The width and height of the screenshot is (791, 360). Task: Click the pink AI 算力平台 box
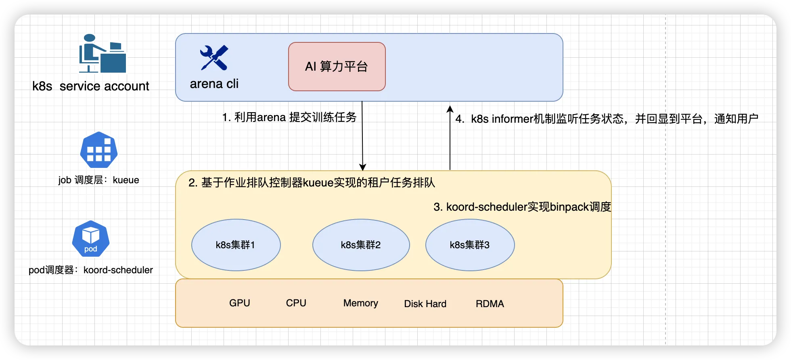[x=337, y=67]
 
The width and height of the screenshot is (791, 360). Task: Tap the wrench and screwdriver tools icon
[x=214, y=58]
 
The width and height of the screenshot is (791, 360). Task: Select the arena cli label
[x=214, y=84]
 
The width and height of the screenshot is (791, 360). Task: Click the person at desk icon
[x=102, y=54]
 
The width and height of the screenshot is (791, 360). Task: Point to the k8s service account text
[x=90, y=86]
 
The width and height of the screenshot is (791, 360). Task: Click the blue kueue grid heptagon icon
[x=99, y=150]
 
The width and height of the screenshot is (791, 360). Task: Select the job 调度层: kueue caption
[x=98, y=180]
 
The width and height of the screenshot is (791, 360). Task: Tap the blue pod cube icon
[x=91, y=239]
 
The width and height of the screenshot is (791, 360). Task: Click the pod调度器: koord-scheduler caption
[x=91, y=270]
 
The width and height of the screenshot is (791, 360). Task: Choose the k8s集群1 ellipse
[x=236, y=245]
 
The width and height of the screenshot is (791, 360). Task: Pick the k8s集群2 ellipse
[x=361, y=245]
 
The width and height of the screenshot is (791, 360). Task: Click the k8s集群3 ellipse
[x=470, y=245]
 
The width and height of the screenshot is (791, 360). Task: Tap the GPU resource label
[x=239, y=303]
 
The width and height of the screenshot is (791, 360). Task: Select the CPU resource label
[x=296, y=303]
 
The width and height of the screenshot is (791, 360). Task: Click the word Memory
[x=360, y=303]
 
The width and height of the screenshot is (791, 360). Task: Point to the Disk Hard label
[x=425, y=304]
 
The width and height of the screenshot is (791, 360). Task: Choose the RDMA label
[x=490, y=304]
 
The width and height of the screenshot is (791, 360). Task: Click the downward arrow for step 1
[x=362, y=137]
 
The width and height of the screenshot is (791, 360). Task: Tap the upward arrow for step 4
[x=450, y=137]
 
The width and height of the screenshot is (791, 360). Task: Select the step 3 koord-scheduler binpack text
[x=522, y=207]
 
